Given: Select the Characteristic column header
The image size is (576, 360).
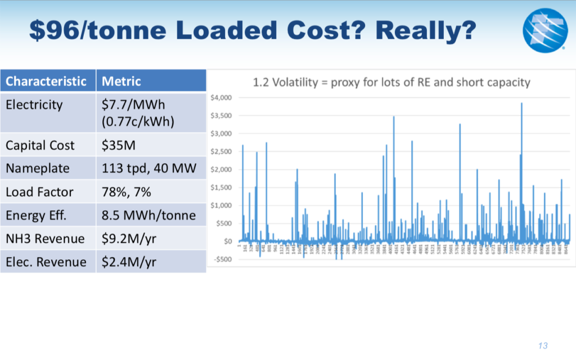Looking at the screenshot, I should tap(46, 82).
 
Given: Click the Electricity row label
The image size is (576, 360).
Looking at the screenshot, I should tap(34, 105).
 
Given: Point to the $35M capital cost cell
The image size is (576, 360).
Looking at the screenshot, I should tap(117, 145).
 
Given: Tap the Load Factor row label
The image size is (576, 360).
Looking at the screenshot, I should tap(39, 192).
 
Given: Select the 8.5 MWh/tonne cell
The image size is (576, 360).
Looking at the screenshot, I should tap(148, 215).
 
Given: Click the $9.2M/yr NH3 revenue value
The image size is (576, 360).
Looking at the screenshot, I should tap(129, 238).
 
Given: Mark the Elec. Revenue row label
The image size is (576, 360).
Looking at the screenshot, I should tap(46, 262).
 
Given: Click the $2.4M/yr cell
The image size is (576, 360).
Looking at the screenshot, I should tap(129, 262).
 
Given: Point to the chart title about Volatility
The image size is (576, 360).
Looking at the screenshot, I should tap(391, 83).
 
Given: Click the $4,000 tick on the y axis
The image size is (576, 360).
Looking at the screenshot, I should tap(222, 98).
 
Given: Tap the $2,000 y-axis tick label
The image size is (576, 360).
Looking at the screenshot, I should tap(222, 169).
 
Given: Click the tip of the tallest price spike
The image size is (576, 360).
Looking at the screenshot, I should tap(522, 103).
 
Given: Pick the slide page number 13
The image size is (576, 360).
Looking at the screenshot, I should tap(543, 345).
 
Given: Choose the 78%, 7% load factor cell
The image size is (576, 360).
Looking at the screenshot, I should tap(127, 192).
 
